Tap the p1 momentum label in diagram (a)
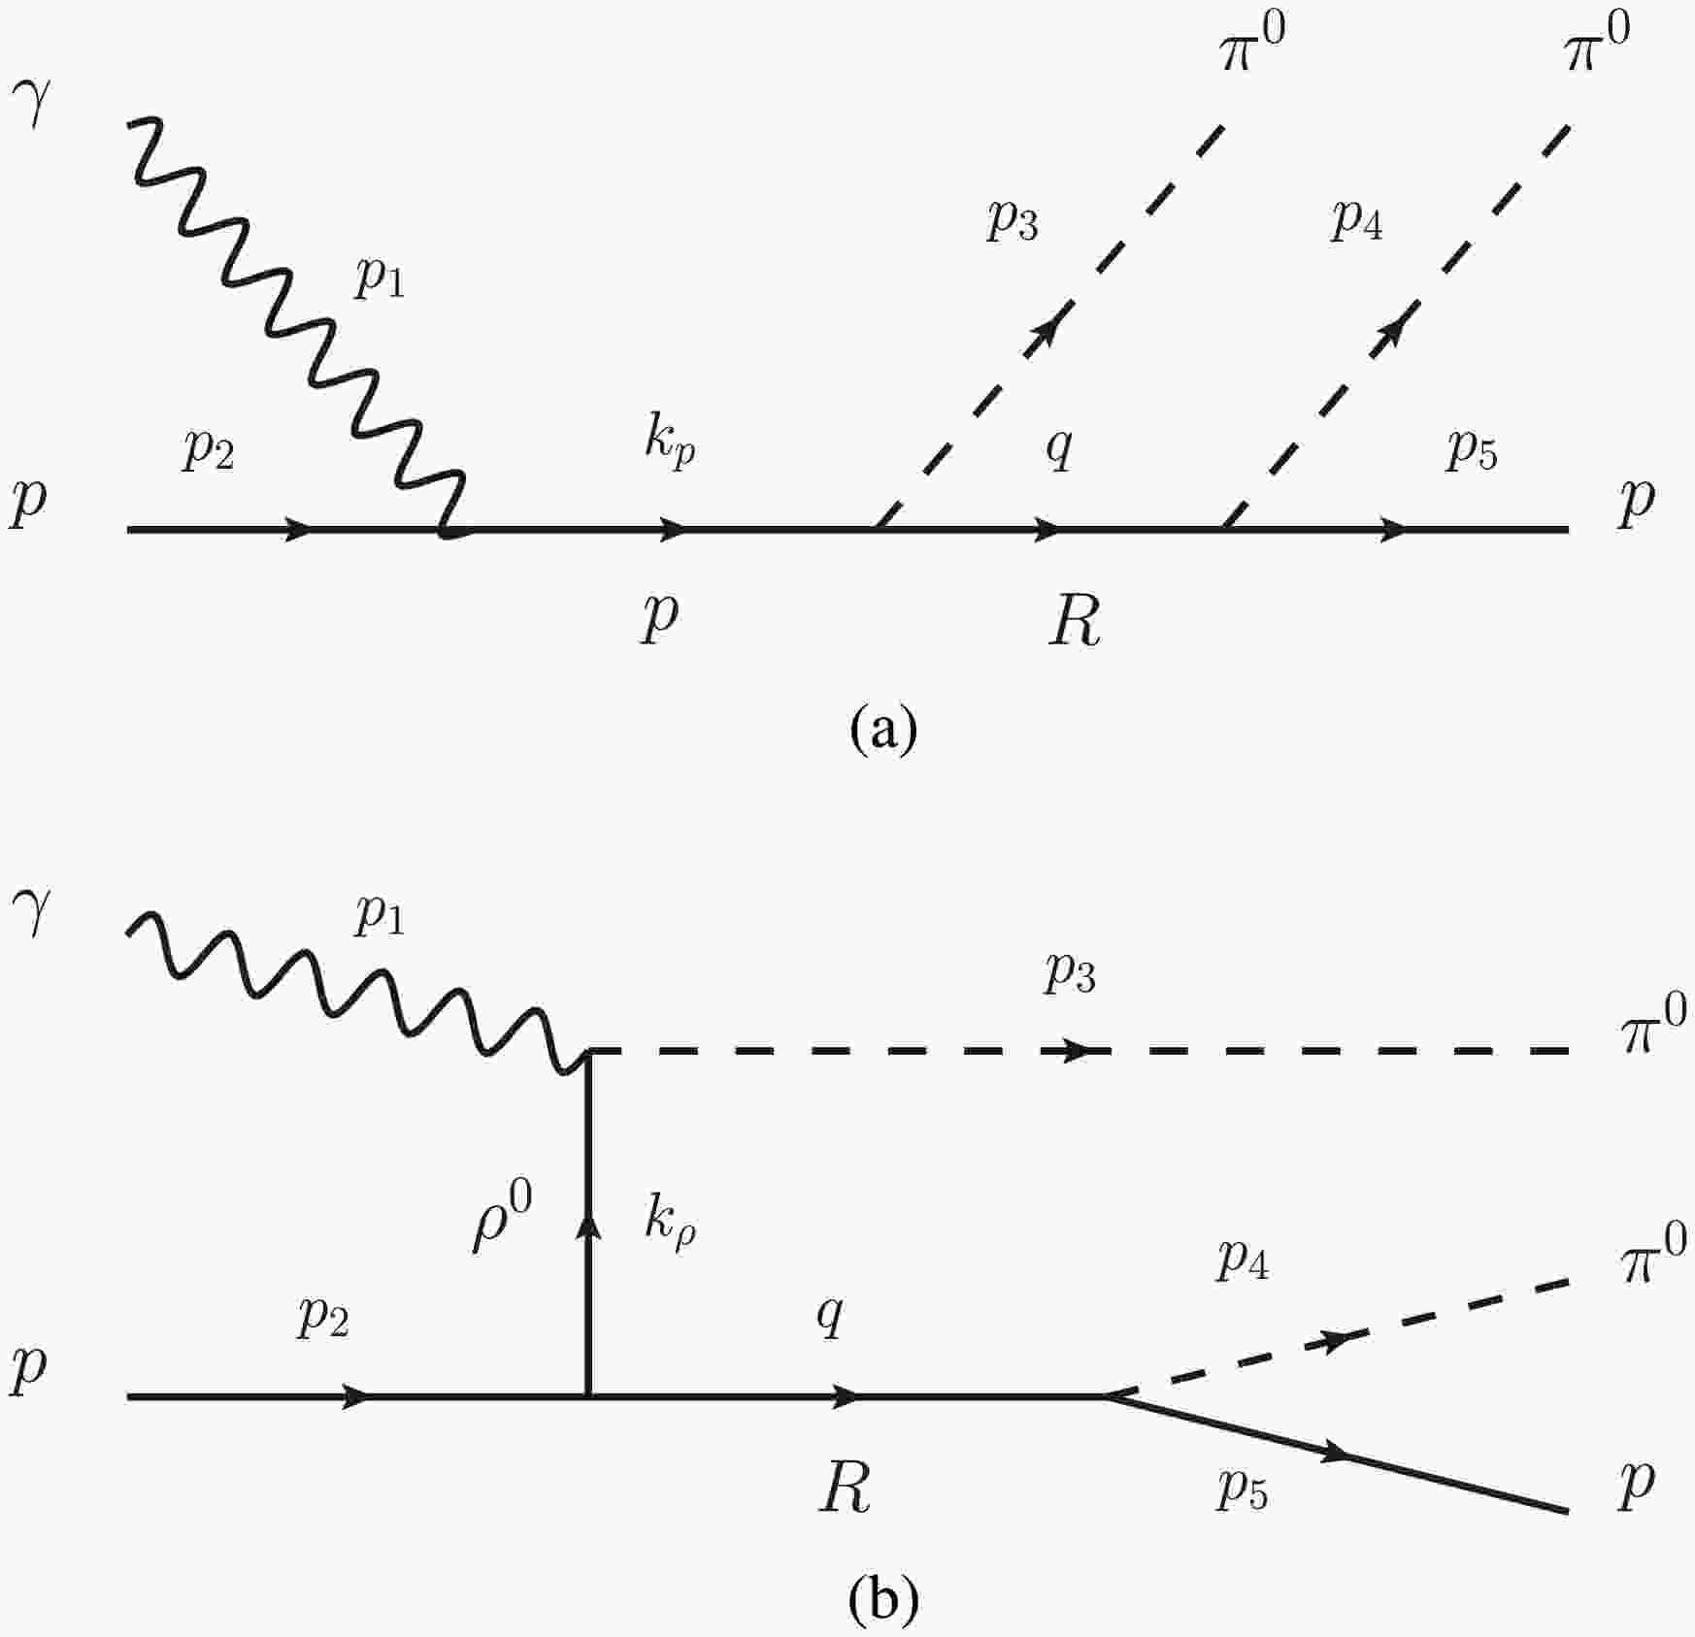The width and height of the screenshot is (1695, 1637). click(x=380, y=279)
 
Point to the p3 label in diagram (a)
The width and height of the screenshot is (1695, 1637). click(x=1013, y=222)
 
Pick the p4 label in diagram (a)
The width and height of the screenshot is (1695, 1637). click(x=1357, y=222)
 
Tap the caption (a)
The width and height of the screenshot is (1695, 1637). click(x=882, y=730)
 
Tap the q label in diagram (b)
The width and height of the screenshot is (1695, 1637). click(x=829, y=1318)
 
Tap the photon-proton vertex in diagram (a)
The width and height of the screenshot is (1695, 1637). click(x=447, y=530)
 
